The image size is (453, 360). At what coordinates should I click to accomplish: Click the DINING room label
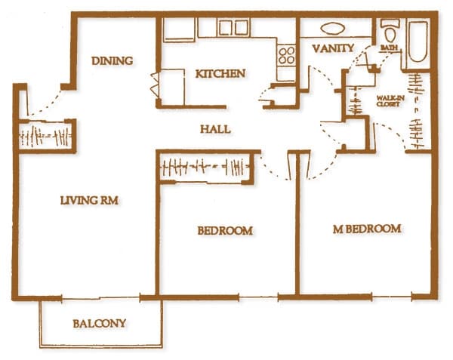click(112, 61)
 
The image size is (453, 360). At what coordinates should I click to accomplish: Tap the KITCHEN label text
click(220, 74)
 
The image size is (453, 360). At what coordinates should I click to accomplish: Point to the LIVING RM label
click(91, 201)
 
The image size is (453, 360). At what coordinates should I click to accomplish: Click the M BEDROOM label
click(367, 229)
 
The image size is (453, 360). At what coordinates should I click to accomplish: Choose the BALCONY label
click(99, 324)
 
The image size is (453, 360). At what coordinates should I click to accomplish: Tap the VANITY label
click(332, 49)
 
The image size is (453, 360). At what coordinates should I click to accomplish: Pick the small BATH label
click(390, 48)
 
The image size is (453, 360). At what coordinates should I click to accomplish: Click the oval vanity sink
click(332, 29)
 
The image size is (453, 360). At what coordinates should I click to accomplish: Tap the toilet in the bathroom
click(390, 32)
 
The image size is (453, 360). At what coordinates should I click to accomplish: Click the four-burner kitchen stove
click(287, 55)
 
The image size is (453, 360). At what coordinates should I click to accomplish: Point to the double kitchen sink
click(233, 27)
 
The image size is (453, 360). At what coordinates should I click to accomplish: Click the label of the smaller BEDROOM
click(224, 230)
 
